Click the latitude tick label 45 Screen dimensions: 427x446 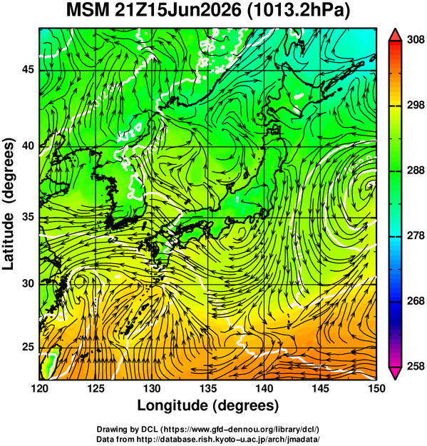coord(28,69)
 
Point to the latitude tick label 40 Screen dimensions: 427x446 coord(28,146)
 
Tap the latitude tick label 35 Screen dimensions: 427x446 coord(28,217)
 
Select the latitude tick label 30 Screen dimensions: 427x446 coord(28,283)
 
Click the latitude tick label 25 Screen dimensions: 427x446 coord(28,347)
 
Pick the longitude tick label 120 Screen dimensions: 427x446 coord(39,388)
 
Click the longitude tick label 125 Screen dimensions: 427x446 coord(96,388)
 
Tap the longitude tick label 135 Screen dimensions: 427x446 coord(208,388)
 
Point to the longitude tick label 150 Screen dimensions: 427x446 coord(376,388)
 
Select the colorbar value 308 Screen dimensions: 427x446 coord(416,40)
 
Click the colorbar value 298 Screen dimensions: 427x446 coord(416,105)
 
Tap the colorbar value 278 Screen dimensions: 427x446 coord(416,235)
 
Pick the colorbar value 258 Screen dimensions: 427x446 coord(416,366)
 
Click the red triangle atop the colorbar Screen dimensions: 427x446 coord(395,35)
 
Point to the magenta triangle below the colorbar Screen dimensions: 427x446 coord(395,373)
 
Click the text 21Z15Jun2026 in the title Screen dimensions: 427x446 coord(178,10)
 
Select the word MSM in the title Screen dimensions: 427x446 coord(88,10)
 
